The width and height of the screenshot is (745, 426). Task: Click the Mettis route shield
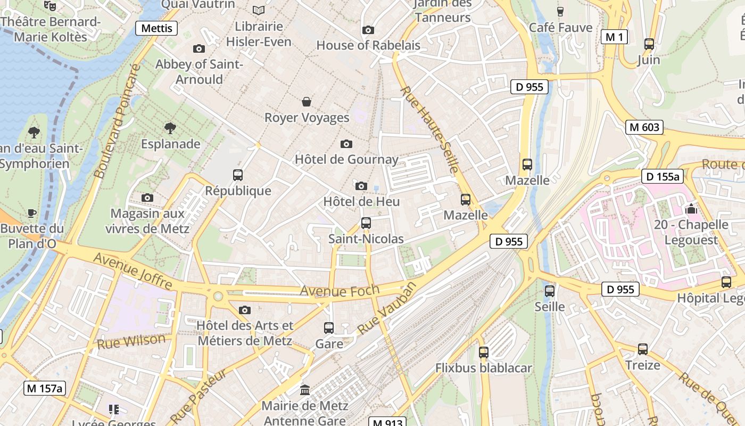point(156,28)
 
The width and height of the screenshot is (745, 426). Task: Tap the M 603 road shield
point(644,127)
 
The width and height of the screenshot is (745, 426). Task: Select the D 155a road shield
point(663,177)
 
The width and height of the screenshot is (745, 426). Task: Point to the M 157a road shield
point(45,388)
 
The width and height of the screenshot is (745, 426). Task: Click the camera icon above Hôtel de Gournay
point(346,144)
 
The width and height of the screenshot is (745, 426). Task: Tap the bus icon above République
point(238,175)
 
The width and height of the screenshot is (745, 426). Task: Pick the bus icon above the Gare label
point(329,328)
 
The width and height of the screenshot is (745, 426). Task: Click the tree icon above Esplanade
point(170,128)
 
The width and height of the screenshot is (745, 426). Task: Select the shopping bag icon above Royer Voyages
point(307,101)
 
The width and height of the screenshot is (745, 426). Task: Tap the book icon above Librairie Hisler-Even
point(259,10)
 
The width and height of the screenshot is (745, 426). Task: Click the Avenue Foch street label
point(340,291)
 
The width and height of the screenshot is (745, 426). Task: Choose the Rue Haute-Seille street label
point(429,129)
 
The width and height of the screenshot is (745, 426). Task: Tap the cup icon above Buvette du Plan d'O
point(32,213)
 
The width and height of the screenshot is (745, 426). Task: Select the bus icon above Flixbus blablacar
point(483,352)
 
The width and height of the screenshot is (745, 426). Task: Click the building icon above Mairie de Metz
point(305,390)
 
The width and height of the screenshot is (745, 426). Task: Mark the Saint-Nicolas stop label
point(366,239)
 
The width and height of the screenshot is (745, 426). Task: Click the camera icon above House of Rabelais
point(368,30)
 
